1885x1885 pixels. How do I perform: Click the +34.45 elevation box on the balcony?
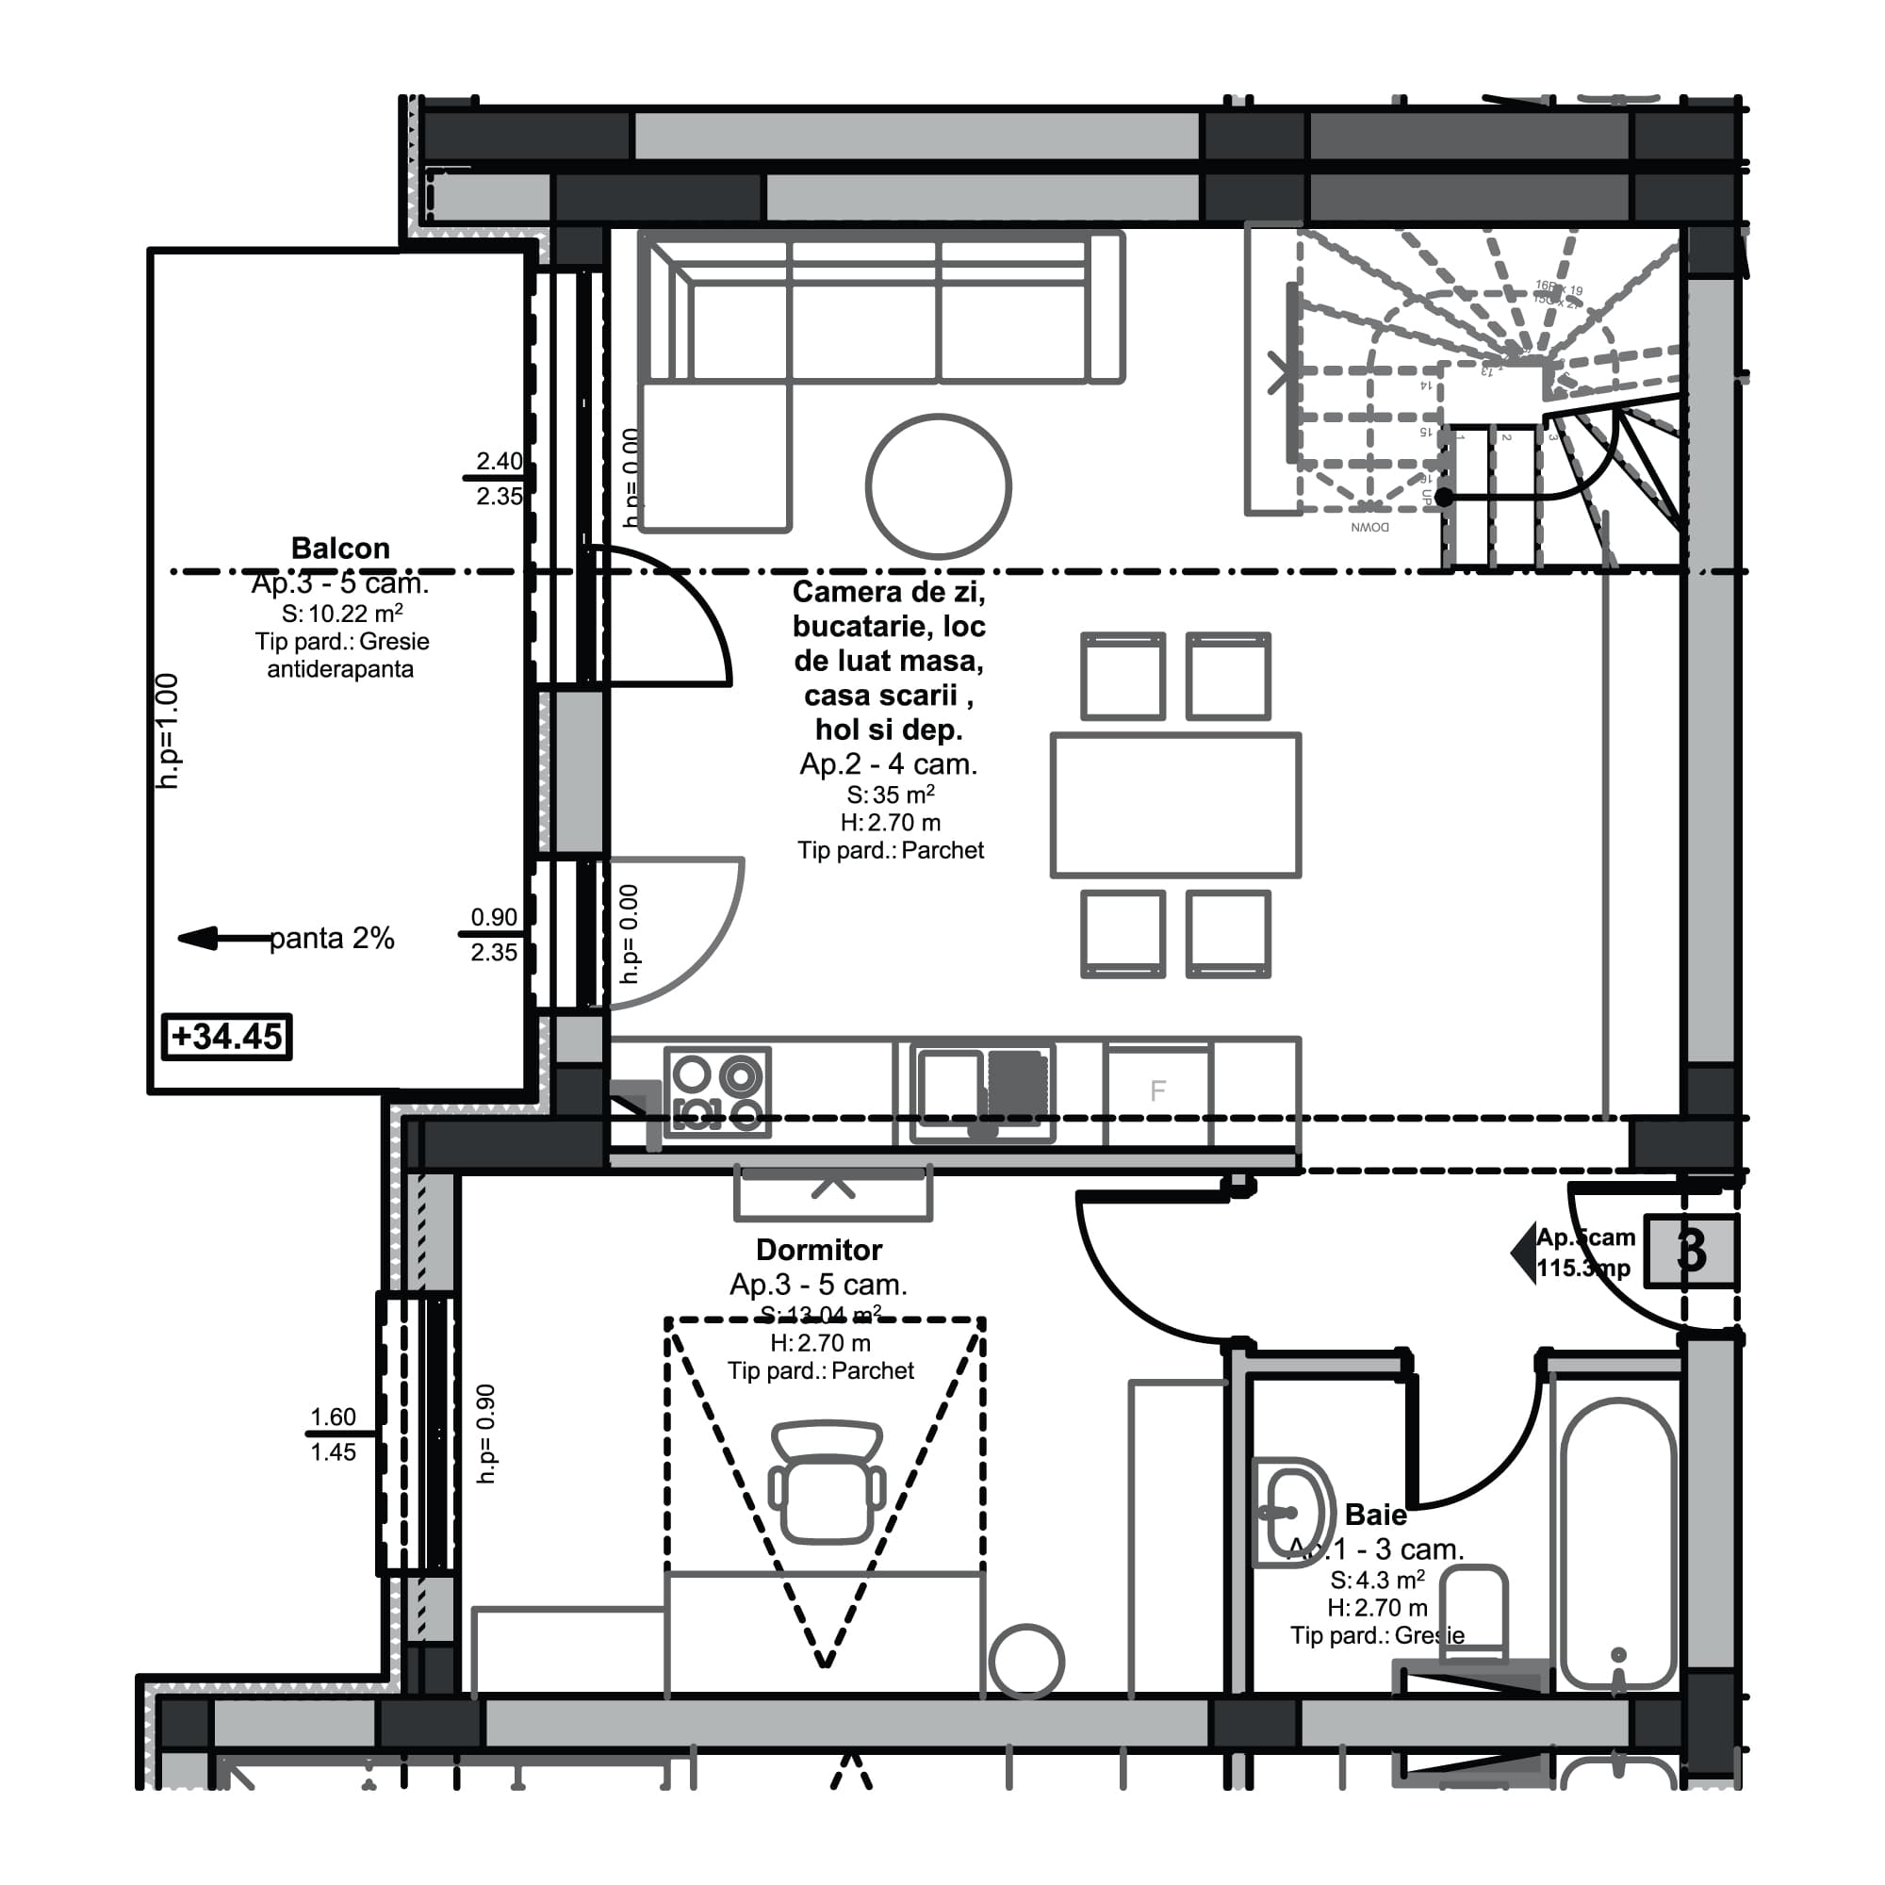(226, 1036)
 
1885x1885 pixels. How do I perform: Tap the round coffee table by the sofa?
(938, 487)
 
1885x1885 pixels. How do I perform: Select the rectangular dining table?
(1174, 805)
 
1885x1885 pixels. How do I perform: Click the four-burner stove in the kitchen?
(717, 1091)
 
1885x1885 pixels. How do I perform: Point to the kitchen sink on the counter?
(981, 1090)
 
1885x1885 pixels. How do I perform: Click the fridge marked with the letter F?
(1157, 1090)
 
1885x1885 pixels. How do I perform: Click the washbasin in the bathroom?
(1291, 1514)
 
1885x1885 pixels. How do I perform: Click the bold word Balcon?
(340, 549)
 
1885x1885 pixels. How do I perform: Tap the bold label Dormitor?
(819, 1250)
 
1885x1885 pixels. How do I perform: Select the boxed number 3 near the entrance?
(1691, 1251)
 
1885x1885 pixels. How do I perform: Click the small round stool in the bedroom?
(1025, 1662)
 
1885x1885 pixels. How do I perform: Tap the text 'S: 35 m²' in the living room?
(890, 795)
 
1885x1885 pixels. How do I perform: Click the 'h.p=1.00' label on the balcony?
(168, 730)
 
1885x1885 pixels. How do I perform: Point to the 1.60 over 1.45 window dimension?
(333, 1434)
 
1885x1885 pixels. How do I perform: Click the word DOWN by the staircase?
(1369, 528)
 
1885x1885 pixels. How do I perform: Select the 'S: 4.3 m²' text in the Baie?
(1377, 1580)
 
